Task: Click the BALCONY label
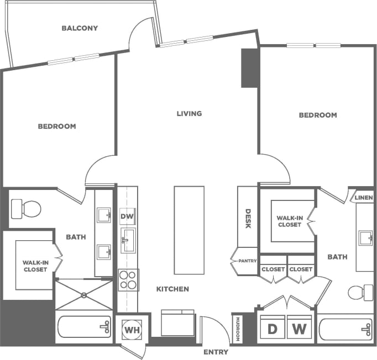tap(80, 28)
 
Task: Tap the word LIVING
tap(189, 114)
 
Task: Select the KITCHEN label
tap(172, 289)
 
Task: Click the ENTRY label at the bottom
tap(216, 352)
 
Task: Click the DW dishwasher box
tap(128, 217)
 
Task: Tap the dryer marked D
tap(273, 330)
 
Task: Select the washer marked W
tap(299, 330)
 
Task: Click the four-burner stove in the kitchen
tap(128, 280)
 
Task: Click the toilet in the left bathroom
tap(27, 209)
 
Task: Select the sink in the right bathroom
tap(365, 239)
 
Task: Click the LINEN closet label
tap(364, 198)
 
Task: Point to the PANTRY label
tap(247, 261)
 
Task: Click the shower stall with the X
tap(84, 294)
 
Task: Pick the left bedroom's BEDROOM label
tap(57, 126)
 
